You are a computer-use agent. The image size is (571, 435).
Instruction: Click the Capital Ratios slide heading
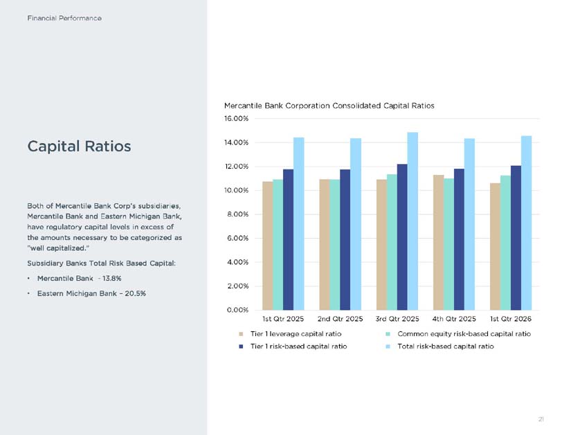(79, 147)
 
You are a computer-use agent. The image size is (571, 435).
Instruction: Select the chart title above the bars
(329, 106)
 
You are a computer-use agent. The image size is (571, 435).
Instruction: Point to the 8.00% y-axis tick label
(238, 214)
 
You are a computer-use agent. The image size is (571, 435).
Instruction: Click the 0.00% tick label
(237, 310)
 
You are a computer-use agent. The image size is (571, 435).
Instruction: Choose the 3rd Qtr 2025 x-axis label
(397, 319)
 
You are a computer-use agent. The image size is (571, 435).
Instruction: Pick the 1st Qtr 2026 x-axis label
(511, 319)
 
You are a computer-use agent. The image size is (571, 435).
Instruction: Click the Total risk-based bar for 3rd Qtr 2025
(413, 221)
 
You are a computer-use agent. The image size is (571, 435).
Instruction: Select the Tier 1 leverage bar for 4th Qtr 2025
(438, 243)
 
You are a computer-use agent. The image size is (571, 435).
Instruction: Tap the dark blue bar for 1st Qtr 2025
(288, 240)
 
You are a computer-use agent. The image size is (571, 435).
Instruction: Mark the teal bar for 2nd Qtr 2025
(335, 245)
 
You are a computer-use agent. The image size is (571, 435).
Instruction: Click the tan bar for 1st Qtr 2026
(496, 247)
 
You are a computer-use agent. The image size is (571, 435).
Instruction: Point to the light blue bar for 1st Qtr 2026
(526, 223)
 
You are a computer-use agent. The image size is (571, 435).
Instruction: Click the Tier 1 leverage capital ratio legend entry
(290, 334)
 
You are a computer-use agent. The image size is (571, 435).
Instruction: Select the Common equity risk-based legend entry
(458, 334)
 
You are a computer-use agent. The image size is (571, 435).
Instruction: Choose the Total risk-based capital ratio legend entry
(440, 346)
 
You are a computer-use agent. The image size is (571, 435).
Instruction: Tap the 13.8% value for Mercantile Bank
(112, 279)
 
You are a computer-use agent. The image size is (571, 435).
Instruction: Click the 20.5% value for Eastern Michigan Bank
(136, 293)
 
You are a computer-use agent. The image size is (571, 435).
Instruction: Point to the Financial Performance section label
(64, 18)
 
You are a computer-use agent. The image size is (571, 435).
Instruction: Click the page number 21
(541, 419)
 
